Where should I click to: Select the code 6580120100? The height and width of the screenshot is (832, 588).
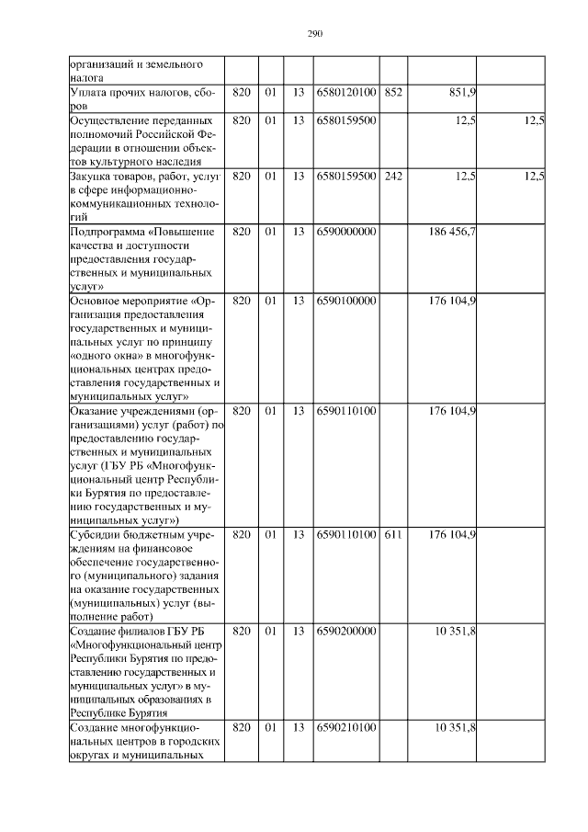pyautogui.click(x=345, y=92)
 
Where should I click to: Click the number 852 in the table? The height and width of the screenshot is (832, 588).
pyautogui.click(x=392, y=92)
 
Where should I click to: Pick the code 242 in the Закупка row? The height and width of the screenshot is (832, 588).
pyautogui.click(x=392, y=176)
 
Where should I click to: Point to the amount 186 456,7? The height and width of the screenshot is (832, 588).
pyautogui.click(x=451, y=232)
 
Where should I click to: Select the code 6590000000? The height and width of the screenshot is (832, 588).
pyautogui.click(x=345, y=232)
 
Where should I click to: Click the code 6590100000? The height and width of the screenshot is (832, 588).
pyautogui.click(x=345, y=301)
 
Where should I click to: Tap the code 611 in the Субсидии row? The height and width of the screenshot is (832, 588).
pyautogui.click(x=392, y=534)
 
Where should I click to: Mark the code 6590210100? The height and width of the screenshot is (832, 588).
pyautogui.click(x=345, y=727)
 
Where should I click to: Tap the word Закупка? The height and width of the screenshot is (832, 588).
pyautogui.click(x=93, y=176)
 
